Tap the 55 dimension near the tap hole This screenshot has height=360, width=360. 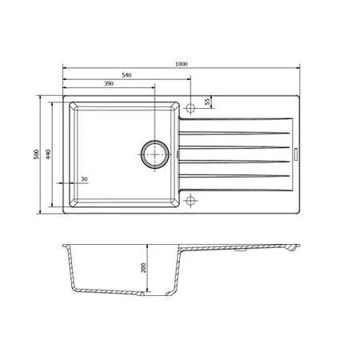pos(207,102)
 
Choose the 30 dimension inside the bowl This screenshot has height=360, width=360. pos(84,178)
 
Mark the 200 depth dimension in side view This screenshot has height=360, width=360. pos(145,269)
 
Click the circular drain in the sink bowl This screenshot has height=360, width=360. pos(154,152)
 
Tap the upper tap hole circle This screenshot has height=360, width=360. pos(191,106)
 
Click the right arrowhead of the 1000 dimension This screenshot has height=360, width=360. pos(300,68)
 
